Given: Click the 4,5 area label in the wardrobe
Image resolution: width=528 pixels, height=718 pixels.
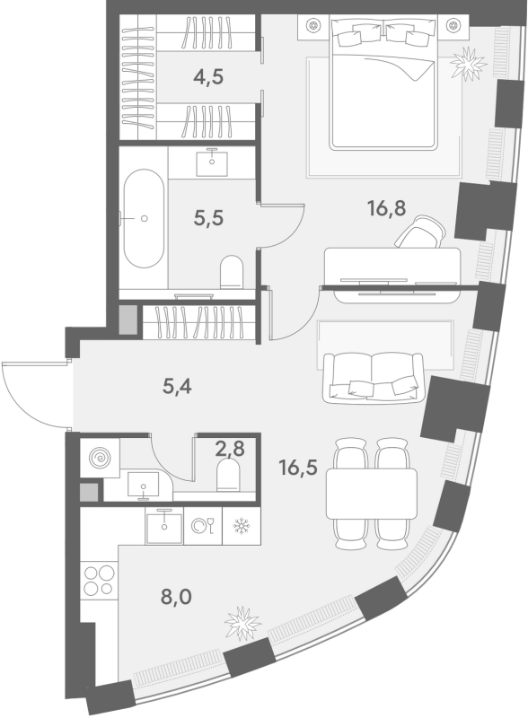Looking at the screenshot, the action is (x=208, y=77).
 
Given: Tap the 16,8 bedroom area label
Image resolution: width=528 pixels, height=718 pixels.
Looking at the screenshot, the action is (x=386, y=208).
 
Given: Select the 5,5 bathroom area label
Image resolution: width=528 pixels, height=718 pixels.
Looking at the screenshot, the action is (x=208, y=218).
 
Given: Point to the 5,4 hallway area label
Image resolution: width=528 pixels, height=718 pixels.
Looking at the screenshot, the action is (x=177, y=387).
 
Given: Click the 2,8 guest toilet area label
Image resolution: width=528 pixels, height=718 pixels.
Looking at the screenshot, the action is (x=230, y=449).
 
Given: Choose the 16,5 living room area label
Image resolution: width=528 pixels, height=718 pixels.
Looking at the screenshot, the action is (x=298, y=468).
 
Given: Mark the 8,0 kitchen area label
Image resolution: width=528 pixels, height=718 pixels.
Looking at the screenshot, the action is (x=176, y=597).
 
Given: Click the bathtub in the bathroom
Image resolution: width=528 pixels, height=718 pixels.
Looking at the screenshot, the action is (x=144, y=218).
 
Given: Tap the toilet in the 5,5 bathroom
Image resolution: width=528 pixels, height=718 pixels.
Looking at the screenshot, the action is (x=232, y=272).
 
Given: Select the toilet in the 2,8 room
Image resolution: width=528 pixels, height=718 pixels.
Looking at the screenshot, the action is (x=228, y=475).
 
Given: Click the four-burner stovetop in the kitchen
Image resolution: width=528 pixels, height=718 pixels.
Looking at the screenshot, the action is (x=99, y=580).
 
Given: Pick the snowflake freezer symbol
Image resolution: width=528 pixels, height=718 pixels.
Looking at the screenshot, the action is (x=241, y=526).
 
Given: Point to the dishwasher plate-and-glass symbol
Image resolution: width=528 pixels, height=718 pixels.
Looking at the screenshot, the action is (x=203, y=526).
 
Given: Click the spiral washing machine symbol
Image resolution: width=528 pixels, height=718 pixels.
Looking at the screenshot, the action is (x=100, y=458).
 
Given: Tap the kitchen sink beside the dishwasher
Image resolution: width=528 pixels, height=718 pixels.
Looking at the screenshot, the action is (x=164, y=527).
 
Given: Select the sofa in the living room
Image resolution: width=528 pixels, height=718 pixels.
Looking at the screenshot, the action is (x=373, y=378).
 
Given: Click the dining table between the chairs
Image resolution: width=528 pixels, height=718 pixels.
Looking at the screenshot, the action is (x=372, y=494).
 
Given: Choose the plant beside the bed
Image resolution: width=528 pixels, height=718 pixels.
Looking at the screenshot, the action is (x=468, y=64).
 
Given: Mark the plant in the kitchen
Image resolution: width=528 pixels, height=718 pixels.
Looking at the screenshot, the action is (x=242, y=623).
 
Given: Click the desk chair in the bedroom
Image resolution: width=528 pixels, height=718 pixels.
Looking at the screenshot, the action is (x=420, y=232).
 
